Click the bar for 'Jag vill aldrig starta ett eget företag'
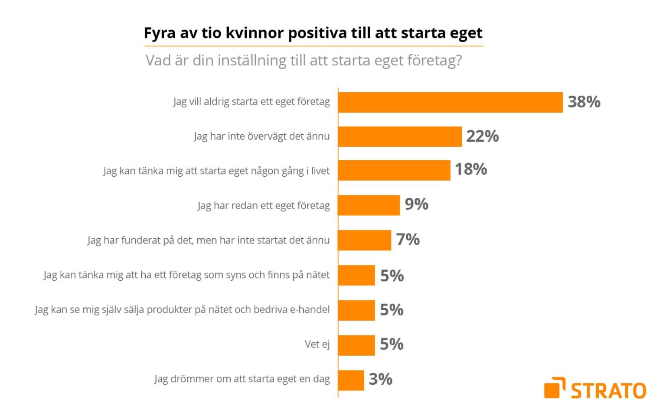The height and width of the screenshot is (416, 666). pos(450,102)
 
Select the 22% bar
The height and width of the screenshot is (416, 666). pos(400,136)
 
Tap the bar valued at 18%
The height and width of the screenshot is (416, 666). pos(394,170)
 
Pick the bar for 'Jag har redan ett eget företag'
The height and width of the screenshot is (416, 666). pos(369,205)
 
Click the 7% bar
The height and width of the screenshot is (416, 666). pos(365,240)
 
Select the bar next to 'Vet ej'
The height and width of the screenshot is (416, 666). pos(356,345)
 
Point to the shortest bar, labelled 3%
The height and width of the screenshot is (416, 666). pos(351,380)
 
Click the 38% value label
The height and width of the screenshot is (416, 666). pos(584,102)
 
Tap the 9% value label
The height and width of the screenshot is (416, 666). pos(416,204)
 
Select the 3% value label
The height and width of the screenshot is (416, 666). pos(380,379)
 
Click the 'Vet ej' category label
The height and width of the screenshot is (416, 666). pos(317,344)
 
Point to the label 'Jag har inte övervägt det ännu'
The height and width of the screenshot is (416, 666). pos(261,136)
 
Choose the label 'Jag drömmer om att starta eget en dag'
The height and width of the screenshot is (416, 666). pos(242,379)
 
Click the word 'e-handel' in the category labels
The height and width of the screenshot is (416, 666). pos(310,309)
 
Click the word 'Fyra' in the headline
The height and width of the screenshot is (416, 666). pos(159,33)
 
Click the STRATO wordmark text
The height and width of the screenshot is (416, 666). pos(608,390)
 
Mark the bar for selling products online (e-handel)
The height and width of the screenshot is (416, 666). pos(356,310)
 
